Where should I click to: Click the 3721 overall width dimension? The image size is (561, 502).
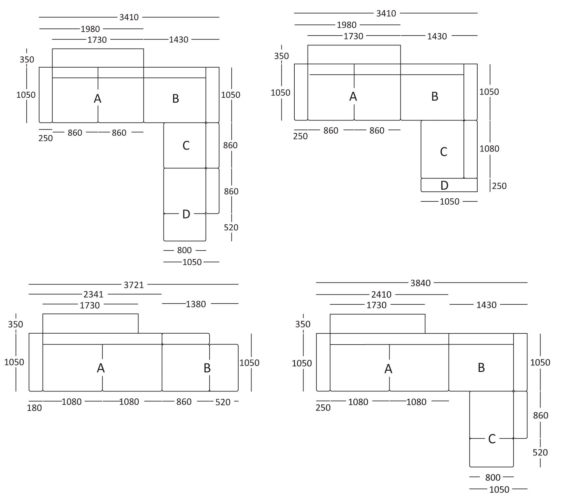134,285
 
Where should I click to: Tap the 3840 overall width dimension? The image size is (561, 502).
421,283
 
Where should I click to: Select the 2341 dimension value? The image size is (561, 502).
94,294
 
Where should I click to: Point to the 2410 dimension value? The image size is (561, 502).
381,294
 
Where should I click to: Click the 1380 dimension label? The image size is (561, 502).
196,304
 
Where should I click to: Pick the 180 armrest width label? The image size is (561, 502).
35,408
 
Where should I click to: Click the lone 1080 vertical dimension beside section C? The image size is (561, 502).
489,149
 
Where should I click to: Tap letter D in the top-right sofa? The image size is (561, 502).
444,185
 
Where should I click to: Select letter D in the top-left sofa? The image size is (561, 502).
186,214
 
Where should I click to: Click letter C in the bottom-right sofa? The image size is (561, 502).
492,439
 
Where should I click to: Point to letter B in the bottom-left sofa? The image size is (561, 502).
207,368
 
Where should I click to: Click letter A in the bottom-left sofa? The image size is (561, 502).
101,368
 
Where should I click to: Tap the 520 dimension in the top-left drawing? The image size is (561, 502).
231,227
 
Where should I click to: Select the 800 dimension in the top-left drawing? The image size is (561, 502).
184,250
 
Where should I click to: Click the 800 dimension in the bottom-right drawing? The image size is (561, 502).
493,477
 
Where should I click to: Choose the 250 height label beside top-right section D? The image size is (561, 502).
499,186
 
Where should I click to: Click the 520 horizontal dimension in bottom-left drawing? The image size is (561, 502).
223,402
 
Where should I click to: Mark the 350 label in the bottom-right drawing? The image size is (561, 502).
303,324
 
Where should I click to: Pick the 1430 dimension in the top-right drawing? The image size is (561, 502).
437,36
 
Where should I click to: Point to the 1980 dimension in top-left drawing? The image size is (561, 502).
90,29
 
